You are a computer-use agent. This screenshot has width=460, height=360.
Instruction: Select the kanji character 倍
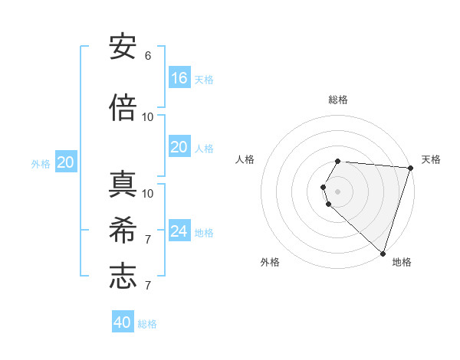click(123, 109)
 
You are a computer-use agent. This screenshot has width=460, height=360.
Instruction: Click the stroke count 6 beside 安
click(148, 56)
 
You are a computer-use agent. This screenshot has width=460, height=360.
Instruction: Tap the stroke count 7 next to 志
click(148, 286)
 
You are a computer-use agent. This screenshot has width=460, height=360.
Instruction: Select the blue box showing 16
click(179, 78)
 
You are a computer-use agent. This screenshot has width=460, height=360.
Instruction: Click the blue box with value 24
click(179, 231)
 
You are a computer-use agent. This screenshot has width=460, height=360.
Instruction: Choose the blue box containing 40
click(123, 322)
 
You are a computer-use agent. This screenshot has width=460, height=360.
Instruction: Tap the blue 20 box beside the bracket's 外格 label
click(66, 162)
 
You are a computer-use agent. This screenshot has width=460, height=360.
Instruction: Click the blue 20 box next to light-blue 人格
click(179, 147)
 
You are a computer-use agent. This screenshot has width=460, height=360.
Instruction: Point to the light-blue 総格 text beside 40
click(148, 324)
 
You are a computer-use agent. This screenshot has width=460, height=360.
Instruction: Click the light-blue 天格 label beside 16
click(204, 79)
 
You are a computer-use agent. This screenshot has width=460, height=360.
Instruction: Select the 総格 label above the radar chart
click(338, 100)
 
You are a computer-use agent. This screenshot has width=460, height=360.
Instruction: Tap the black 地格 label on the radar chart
click(402, 262)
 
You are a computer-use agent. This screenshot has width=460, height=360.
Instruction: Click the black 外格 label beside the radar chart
click(270, 262)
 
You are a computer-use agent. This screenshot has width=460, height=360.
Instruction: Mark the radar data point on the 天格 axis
click(410, 169)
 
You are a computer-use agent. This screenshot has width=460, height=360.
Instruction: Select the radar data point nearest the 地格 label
click(383, 253)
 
